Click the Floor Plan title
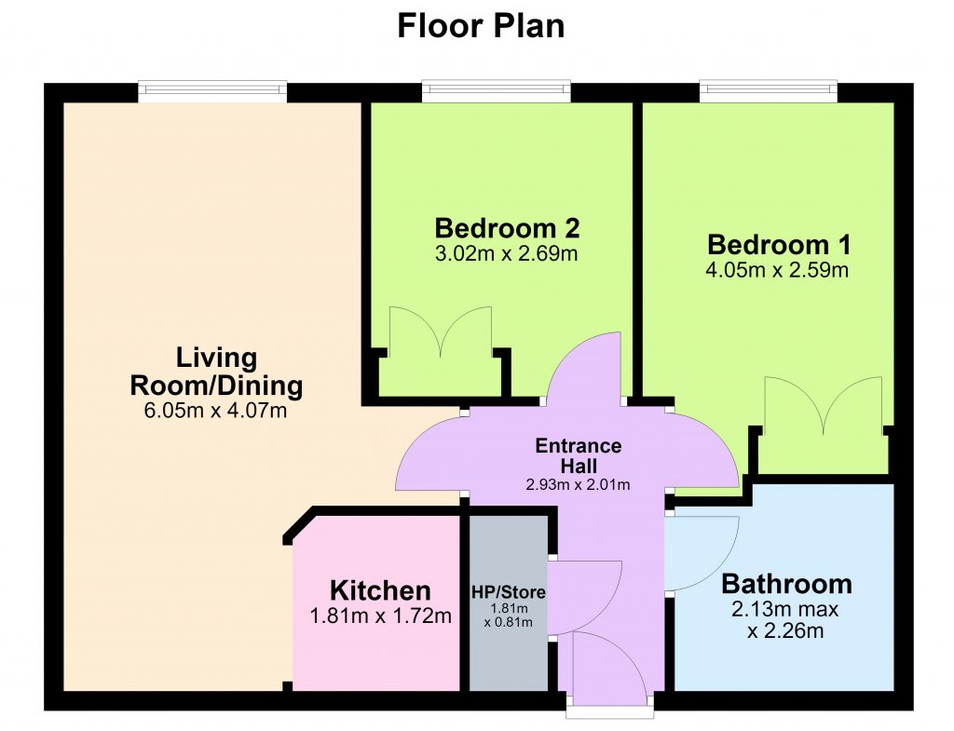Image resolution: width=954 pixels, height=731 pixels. [481, 26]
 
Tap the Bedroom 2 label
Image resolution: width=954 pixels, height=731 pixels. [507, 229]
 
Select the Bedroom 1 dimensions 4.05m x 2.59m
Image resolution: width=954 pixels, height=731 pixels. [777, 269]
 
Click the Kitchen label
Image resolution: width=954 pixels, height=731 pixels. [380, 590]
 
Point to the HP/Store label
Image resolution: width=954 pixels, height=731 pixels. [509, 591]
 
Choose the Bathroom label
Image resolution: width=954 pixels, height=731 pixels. [786, 584]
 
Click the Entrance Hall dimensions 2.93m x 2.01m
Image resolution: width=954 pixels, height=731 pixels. [578, 485]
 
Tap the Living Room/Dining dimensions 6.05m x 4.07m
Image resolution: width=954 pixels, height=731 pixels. [215, 411]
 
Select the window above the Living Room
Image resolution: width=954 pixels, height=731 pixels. [212, 91]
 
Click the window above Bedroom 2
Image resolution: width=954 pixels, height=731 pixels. [497, 91]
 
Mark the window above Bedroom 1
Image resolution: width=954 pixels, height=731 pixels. [769, 91]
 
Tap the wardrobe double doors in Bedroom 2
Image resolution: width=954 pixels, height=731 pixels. [441, 332]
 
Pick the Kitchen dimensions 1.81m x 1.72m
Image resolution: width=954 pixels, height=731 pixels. [381, 616]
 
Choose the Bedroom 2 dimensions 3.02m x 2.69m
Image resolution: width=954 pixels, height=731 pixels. [506, 253]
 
